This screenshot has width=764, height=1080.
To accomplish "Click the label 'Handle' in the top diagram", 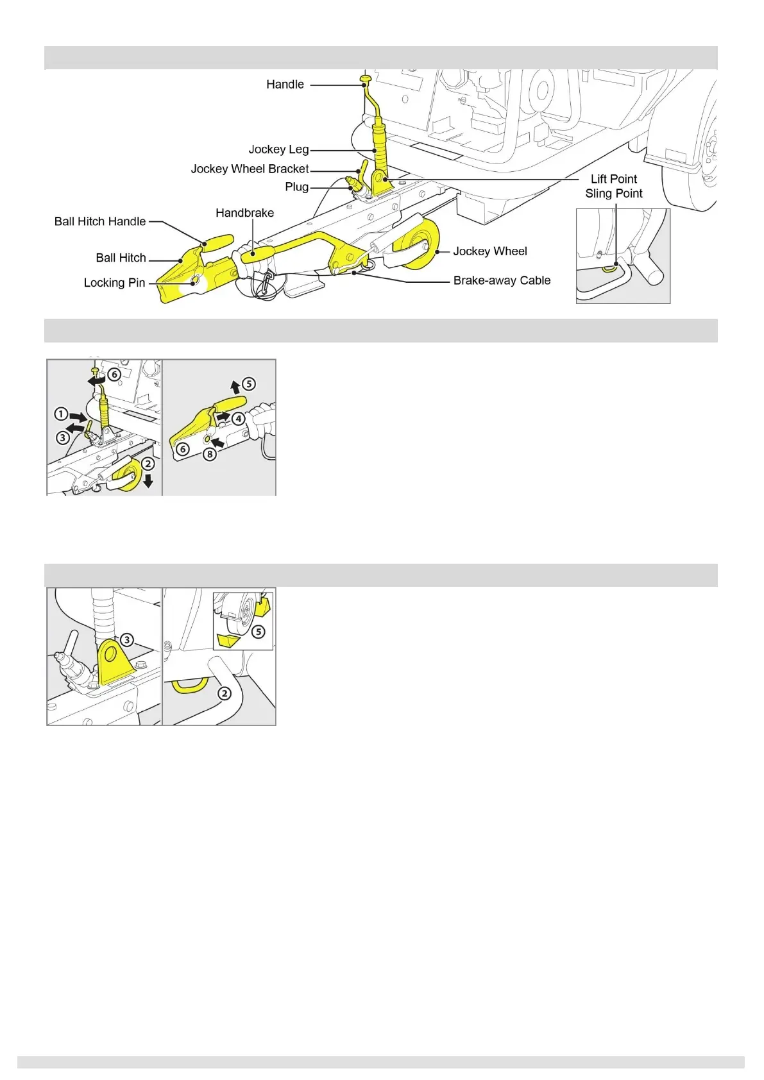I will pos(285,85).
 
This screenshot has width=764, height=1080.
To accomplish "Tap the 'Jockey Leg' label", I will pos(278,149).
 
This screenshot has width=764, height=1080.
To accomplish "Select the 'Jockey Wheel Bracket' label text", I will pos(250,169).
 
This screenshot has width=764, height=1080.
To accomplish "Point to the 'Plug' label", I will pos(296,187).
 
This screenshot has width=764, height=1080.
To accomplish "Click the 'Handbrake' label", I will pos(244,213).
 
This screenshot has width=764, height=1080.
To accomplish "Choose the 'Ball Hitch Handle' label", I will pos(100,221).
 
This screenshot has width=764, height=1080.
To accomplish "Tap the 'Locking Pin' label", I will pos(114,283).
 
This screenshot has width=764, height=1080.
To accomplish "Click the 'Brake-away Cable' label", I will pos(502,280).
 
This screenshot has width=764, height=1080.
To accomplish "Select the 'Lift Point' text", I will pos(614,179).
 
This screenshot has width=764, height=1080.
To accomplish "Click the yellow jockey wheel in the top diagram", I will pos(423,247).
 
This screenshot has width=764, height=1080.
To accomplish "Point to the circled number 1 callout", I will pos(61,414).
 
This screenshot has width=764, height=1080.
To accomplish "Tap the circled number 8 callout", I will pos(210,454).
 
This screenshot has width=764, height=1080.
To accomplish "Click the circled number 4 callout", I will pos(238,419).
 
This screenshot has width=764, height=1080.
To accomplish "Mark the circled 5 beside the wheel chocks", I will pos(258,632).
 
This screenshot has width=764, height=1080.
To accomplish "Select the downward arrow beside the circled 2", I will pos(148,481).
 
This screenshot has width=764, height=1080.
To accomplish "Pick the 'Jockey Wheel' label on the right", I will pos(490,251).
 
